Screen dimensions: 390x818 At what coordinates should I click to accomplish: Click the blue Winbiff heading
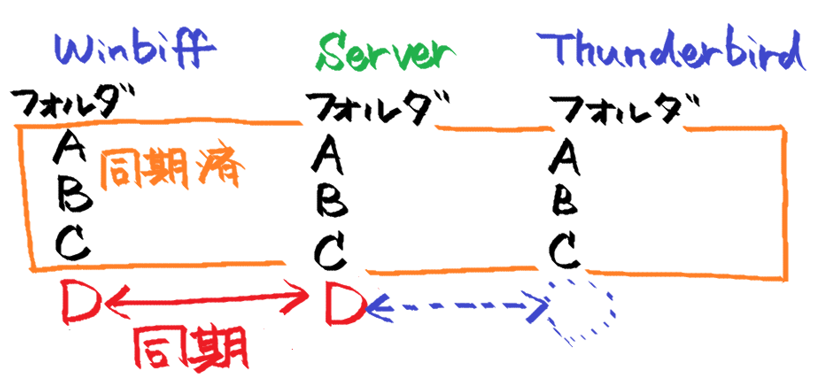coord(135,49)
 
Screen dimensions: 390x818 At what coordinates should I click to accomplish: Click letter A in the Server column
coord(328,155)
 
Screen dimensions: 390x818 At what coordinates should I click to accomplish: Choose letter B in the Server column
coord(331,201)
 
